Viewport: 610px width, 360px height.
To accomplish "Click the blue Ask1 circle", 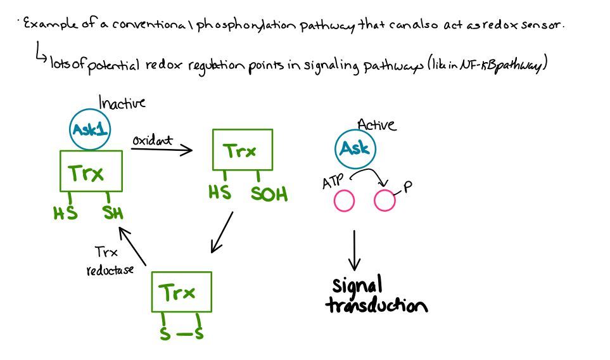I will [89, 131].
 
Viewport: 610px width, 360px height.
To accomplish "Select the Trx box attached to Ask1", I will [91, 170].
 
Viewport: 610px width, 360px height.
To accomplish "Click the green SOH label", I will [269, 194].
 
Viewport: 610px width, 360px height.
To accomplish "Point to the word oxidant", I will [152, 140].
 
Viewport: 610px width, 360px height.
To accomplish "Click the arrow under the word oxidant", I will [162, 150].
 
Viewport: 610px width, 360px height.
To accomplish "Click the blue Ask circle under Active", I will [355, 150].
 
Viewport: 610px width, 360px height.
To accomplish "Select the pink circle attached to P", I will [384, 202].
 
